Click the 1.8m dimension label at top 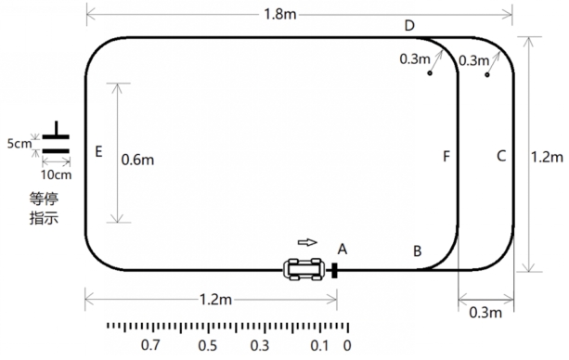click(279, 14)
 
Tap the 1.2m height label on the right click(547, 157)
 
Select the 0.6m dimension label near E click(137, 160)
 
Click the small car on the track click(304, 269)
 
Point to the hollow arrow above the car click(307, 242)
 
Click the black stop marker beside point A click(334, 271)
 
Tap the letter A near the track click(343, 250)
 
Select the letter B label click(418, 251)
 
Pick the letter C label click(501, 156)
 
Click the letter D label click(409, 26)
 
